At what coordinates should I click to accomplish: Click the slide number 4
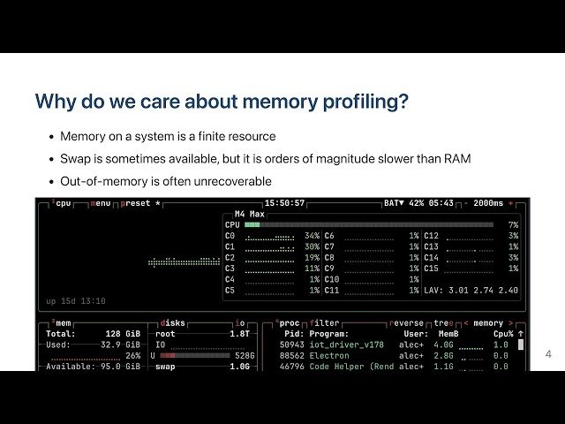click(x=548, y=354)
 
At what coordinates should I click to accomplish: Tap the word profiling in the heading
click(x=370, y=101)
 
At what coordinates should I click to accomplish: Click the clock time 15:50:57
click(x=284, y=203)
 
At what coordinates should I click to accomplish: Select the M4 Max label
click(x=251, y=214)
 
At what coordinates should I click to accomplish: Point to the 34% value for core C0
click(x=312, y=236)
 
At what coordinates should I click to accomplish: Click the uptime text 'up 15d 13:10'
click(x=76, y=301)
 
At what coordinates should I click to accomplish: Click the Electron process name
click(x=329, y=355)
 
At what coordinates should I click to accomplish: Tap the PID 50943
click(x=291, y=344)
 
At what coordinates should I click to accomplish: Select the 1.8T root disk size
click(x=239, y=334)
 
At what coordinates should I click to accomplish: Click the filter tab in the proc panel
click(x=326, y=323)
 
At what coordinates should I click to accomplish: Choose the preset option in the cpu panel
click(x=135, y=203)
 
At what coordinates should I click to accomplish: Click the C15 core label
click(x=432, y=268)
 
